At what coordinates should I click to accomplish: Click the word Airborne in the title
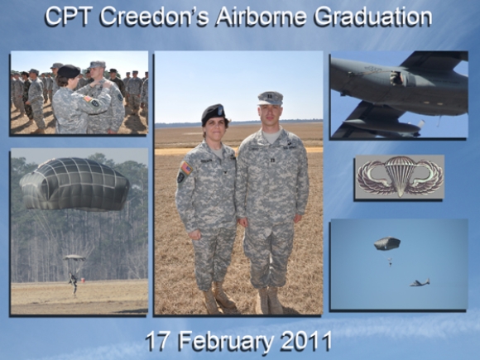tap(262, 17)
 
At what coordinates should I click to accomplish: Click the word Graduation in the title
tap(373, 17)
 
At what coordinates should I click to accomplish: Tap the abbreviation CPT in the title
tap(68, 17)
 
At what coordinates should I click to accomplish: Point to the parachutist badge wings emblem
tap(400, 176)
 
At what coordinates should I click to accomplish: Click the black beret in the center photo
tap(214, 114)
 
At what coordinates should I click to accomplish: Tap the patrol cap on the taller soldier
tap(270, 98)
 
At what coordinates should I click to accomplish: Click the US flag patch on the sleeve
tap(186, 168)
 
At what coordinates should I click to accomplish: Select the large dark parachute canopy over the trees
tap(74, 185)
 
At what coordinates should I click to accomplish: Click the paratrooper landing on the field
tap(73, 282)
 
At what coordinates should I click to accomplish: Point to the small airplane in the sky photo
tap(420, 282)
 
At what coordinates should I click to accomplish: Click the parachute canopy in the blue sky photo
tap(387, 243)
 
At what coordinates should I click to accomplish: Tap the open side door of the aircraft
tap(397, 79)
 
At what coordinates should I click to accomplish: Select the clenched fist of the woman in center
tap(194, 234)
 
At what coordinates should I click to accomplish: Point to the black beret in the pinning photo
tap(69, 71)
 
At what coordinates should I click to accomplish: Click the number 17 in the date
tap(157, 341)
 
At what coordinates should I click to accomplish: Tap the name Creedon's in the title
tap(154, 17)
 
